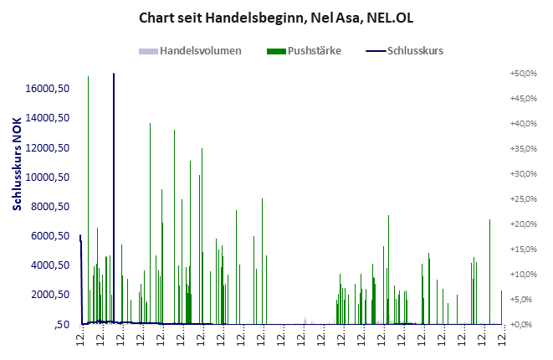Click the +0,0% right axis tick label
coord(523,325)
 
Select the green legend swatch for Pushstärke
coord(276,51)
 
